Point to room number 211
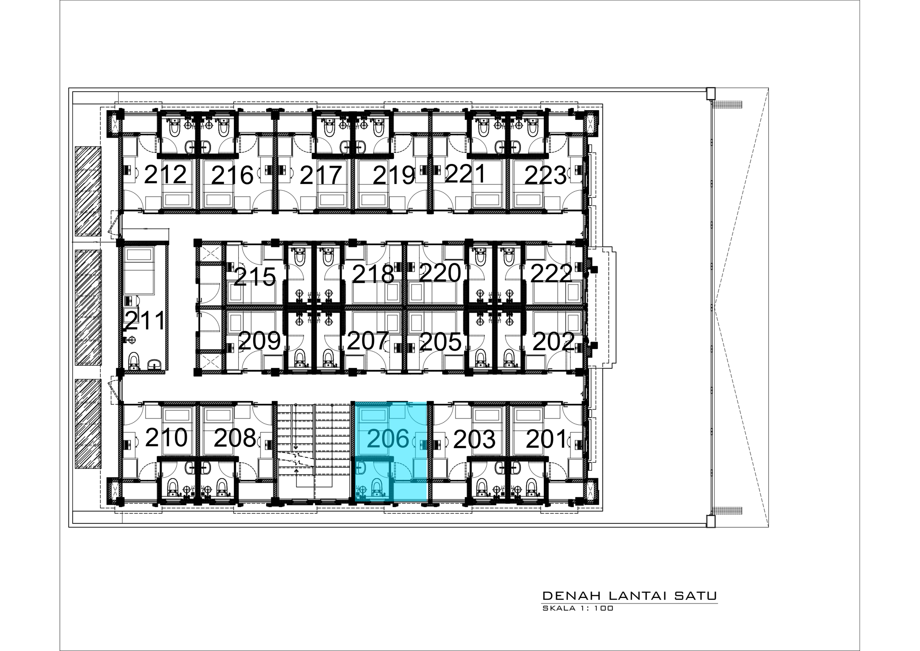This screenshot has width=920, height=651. [145, 321]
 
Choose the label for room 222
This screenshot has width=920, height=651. [551, 274]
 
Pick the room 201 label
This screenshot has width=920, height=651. [546, 439]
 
